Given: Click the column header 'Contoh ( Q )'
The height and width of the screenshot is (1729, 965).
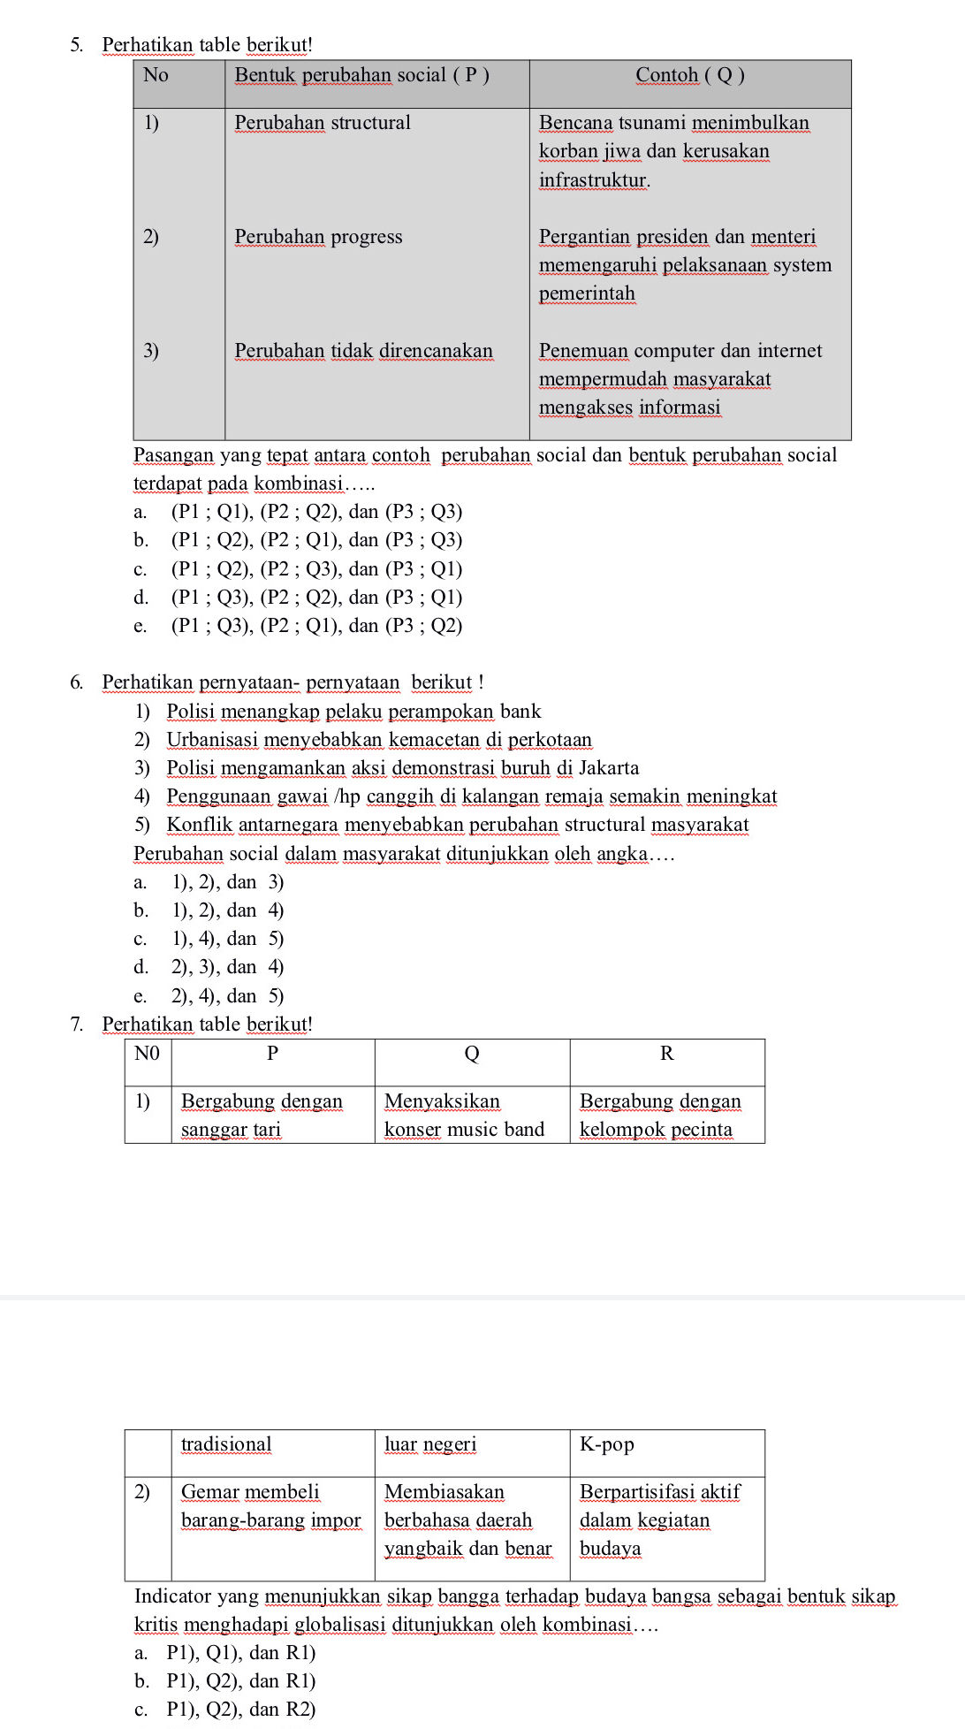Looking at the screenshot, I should point(689,76).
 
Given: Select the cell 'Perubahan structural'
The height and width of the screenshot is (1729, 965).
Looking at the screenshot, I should point(323,123).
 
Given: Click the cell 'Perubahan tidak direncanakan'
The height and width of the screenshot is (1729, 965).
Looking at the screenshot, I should point(363,351).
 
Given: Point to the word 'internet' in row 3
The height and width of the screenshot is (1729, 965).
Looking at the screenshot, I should point(789,351).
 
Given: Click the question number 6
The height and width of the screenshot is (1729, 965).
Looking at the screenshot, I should point(77,682).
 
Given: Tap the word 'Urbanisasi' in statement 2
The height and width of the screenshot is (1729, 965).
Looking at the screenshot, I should point(212,740).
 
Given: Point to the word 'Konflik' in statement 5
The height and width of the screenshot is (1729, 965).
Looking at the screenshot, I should point(200,825).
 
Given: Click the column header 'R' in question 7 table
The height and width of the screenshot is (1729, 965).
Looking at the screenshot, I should point(666,1054).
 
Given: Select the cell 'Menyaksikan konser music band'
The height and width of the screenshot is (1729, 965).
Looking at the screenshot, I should point(464,1116).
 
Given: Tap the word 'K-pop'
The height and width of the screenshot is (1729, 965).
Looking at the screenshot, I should point(606,1444).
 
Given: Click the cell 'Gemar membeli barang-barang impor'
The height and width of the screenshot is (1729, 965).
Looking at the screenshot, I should point(270,1506).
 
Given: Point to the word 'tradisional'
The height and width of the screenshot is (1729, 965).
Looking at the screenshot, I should point(226,1444).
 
